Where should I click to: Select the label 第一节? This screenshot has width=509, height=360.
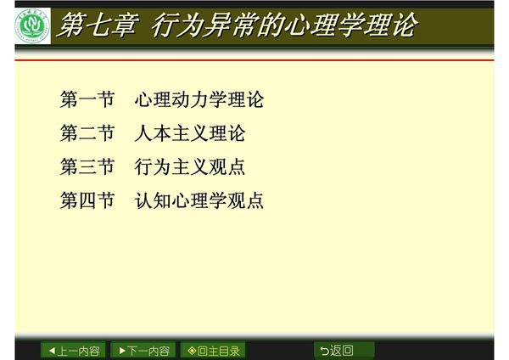click(x=87, y=100)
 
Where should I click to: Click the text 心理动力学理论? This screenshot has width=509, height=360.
click(x=199, y=100)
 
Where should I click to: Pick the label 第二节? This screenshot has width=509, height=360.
click(x=87, y=134)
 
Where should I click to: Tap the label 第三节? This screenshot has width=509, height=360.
click(x=87, y=167)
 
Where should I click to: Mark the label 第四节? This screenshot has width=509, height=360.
click(x=87, y=201)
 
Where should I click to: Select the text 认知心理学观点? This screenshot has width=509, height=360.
click(x=199, y=201)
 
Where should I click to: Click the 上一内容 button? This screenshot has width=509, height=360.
click(x=74, y=350)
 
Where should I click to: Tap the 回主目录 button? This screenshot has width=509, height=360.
click(x=214, y=350)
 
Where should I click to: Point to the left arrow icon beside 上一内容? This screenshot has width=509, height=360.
click(x=52, y=350)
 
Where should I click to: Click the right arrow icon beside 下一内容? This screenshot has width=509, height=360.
click(x=123, y=350)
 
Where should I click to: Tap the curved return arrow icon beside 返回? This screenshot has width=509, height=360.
click(x=325, y=350)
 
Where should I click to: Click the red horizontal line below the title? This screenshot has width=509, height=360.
click(x=255, y=60)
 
